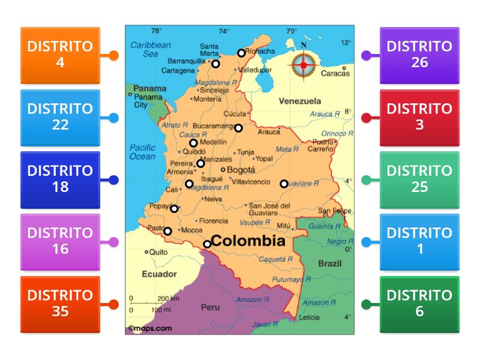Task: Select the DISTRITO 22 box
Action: (60, 118)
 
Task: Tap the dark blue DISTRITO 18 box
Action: (60, 179)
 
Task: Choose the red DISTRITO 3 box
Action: (419, 118)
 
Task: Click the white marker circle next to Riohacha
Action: (241, 53)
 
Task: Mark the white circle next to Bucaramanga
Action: (238, 128)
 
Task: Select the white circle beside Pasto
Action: (168, 231)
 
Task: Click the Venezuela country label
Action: (299, 101)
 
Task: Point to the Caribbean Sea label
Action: (151, 49)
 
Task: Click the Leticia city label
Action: (310, 317)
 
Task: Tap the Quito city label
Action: (159, 252)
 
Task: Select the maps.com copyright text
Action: (150, 328)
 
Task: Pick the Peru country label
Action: (210, 307)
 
